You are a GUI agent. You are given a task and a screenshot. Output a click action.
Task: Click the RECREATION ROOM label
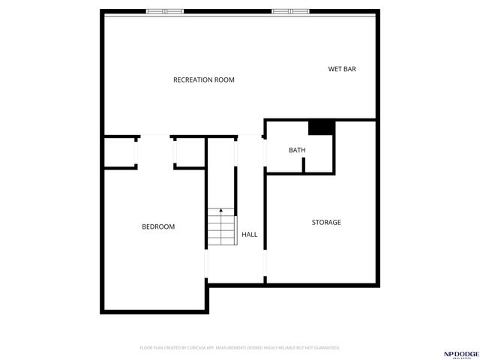(204, 79)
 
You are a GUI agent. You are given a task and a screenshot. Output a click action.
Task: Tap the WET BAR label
(341, 69)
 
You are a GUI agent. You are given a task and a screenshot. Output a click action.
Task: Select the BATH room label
(297, 151)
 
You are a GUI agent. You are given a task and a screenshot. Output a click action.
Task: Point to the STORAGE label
(326, 223)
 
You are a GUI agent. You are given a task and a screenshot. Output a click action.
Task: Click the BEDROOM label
(158, 226)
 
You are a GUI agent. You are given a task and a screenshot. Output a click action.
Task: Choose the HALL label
(249, 235)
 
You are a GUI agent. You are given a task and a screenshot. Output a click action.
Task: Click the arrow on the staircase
(221, 212)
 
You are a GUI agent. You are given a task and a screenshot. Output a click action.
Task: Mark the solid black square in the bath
(321, 127)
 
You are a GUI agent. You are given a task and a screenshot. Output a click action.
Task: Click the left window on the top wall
(165, 11)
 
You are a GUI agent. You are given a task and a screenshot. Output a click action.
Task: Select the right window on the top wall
(290, 11)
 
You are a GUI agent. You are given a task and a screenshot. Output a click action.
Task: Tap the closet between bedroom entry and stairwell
(190, 154)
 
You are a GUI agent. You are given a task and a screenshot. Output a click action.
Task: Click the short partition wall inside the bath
(303, 165)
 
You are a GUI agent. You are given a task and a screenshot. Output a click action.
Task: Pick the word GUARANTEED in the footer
(325, 348)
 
